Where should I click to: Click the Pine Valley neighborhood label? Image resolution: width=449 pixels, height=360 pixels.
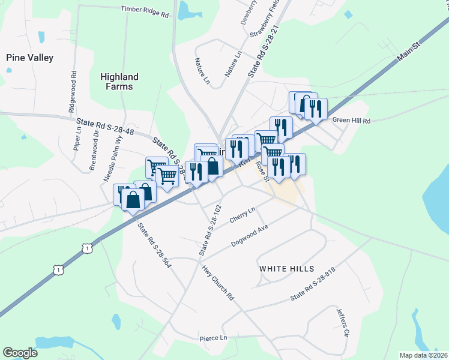tap(30, 58)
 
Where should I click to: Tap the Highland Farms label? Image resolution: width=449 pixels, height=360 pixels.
tap(119, 82)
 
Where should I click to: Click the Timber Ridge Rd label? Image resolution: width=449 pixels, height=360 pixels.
tap(145, 9)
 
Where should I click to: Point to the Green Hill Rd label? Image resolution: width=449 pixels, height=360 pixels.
tap(352, 121)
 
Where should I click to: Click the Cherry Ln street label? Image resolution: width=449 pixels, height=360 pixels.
tap(243, 216)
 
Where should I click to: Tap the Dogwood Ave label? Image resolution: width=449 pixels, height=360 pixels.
tap(249, 236)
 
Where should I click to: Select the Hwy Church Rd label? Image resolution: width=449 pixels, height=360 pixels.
tap(217, 283)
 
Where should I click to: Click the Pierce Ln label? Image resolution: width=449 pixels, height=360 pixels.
tap(214, 338)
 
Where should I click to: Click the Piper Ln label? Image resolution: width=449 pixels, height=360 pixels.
tap(78, 138)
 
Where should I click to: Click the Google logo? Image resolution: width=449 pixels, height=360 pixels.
tap(20, 353)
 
